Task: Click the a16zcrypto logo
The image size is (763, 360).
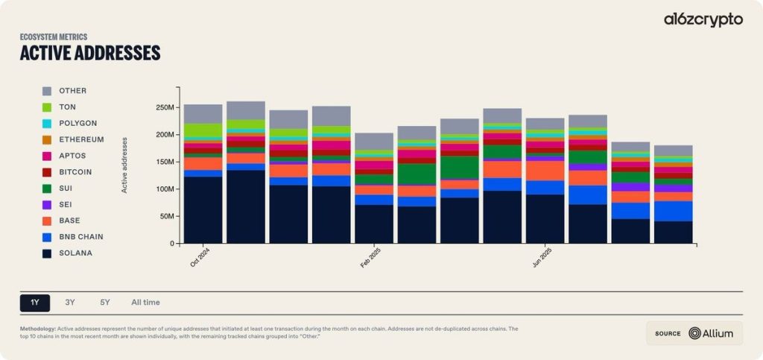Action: pos(703,20)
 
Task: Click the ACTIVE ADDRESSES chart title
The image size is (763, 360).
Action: pos(90,53)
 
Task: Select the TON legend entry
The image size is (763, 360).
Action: pos(67,107)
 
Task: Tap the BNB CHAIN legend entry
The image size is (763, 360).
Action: pos(80,237)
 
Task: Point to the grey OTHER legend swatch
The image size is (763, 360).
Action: pos(47,91)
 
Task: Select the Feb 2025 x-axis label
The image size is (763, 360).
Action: pos(371,258)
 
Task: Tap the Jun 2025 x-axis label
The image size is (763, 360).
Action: pos(542,258)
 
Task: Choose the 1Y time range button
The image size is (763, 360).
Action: pos(35,303)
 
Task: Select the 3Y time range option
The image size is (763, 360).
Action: pos(70,303)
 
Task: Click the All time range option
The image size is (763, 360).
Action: pos(145,303)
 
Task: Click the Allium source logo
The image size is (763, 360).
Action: pos(711,333)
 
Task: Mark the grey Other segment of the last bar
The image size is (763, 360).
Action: pos(673,151)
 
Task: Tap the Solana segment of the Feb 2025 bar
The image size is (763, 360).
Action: pos(374,224)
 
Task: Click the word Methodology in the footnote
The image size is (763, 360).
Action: pos(37,329)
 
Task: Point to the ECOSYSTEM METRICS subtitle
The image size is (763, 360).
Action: pos(54,37)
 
